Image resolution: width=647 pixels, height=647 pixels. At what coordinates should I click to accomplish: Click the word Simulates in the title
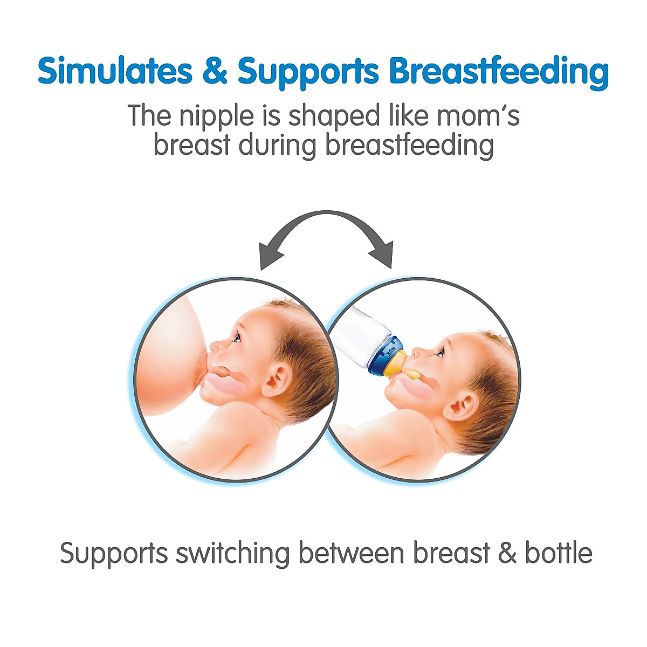pos(114,71)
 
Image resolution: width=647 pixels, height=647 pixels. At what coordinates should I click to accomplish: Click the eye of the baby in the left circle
pos(237,338)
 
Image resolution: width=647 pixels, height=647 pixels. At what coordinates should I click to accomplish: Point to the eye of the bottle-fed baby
pos(440,353)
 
